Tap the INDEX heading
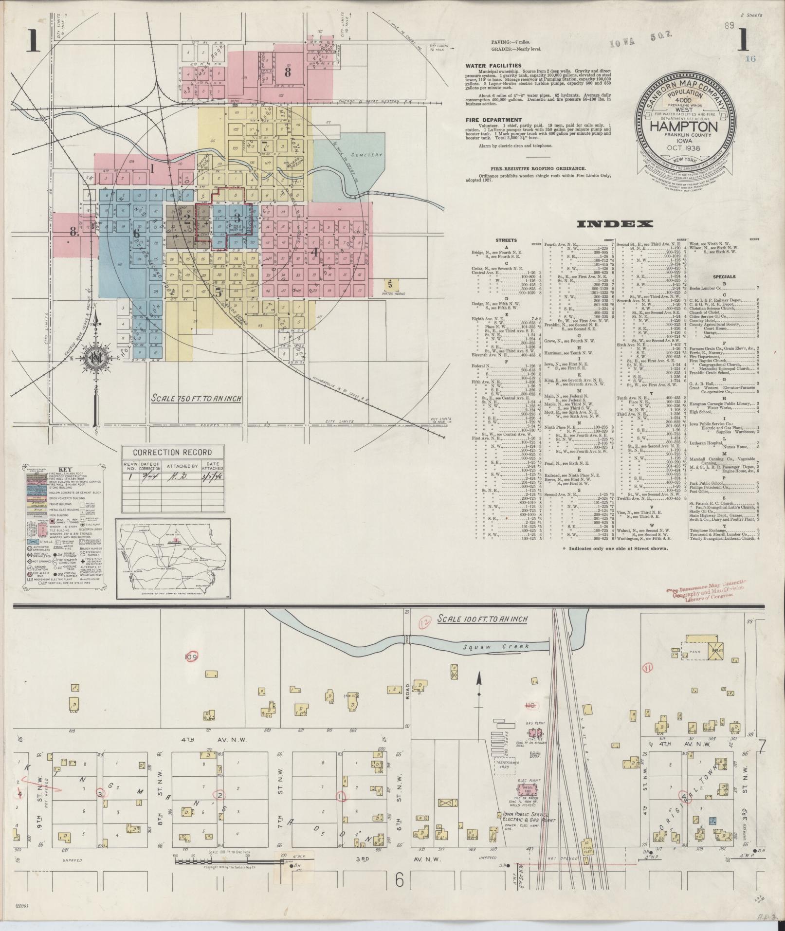pyautogui.click(x=614, y=224)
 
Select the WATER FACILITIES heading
pyautogui.click(x=493, y=66)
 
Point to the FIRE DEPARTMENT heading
pyautogui.click(x=493, y=120)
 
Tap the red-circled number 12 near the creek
pyautogui.click(x=424, y=621)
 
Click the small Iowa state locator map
pyautogui.click(x=172, y=559)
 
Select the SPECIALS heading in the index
pyautogui.click(x=724, y=277)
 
